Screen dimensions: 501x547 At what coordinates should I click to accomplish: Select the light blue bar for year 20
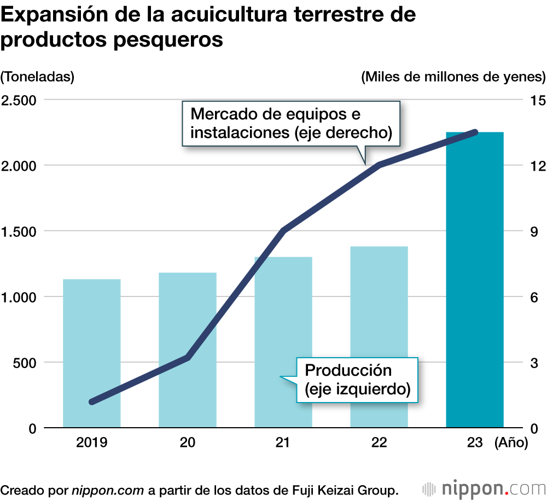188,350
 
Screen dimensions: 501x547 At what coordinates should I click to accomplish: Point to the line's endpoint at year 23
475,132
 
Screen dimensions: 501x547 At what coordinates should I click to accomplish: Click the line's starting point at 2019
92,401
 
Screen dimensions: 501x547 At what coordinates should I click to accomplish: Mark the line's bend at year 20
188,358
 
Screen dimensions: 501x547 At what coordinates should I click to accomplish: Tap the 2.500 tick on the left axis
19,100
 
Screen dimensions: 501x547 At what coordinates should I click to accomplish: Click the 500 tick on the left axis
25,363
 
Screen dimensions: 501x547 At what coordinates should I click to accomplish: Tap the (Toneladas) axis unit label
37,77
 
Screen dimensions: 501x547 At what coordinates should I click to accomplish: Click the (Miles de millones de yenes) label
453,77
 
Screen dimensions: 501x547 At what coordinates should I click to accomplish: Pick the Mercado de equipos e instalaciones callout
290,124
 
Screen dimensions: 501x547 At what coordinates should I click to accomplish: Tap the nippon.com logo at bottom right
485,488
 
